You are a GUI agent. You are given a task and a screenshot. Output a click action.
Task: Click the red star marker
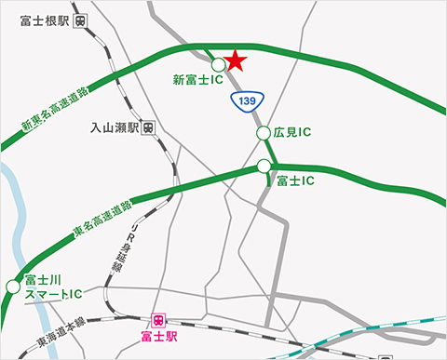(235, 60)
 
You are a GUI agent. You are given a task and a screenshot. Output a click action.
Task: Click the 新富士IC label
(197, 81)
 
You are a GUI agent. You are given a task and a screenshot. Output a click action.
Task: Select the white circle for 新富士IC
(218, 64)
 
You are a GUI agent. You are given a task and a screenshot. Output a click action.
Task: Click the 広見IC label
(292, 133)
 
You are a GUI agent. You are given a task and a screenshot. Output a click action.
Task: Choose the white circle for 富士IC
(264, 167)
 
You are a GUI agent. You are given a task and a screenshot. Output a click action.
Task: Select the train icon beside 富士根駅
(83, 19)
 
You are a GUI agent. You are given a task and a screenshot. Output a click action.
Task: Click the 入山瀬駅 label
(115, 127)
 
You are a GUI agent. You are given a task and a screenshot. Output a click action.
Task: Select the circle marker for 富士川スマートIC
(12, 287)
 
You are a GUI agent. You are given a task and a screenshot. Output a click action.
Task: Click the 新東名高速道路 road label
(55, 110)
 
